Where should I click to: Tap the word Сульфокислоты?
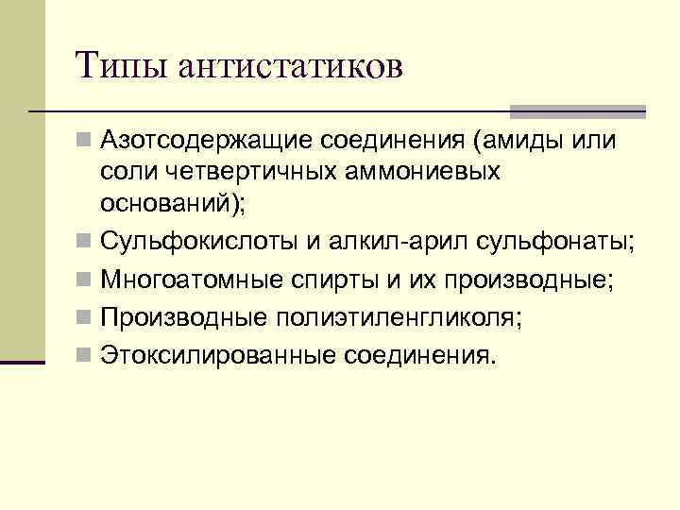tap(195, 243)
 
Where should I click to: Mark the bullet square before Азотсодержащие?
tap(85, 143)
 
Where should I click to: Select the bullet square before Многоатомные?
tap(85, 281)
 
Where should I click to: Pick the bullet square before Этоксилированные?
tap(85, 357)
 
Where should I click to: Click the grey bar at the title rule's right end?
tap(579, 110)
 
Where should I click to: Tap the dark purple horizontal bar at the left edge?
tap(23, 361)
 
